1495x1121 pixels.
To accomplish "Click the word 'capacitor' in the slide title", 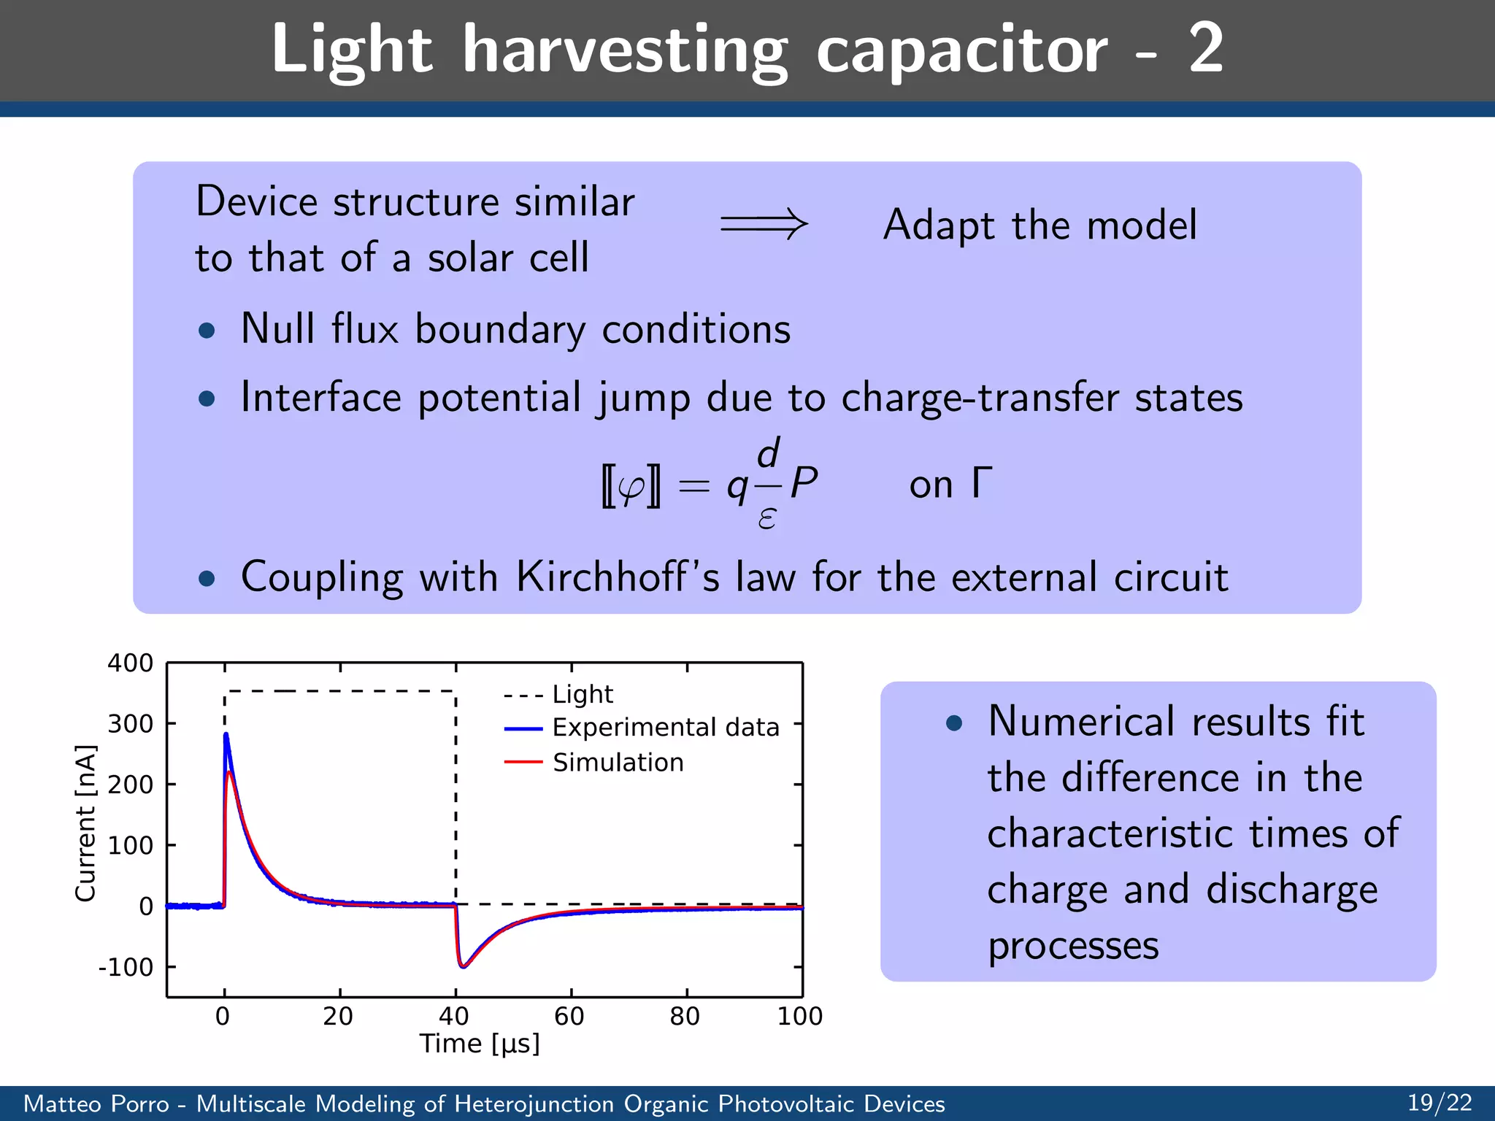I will point(961,50).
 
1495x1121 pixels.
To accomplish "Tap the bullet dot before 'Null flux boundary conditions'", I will point(207,331).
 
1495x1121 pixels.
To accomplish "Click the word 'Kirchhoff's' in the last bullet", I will point(618,577).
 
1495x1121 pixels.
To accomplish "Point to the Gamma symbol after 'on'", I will point(982,482).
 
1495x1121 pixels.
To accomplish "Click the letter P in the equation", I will point(804,483).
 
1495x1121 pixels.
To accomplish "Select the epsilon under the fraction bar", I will point(766,517).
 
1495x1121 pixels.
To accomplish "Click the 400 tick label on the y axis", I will point(130,663).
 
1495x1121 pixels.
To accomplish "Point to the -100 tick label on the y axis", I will point(126,968).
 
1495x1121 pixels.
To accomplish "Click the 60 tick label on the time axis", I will point(569,1016).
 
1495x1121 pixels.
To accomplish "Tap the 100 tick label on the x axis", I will point(799,1016).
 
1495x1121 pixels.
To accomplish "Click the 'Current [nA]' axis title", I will point(85,823).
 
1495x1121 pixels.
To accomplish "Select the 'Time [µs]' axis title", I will point(480,1044).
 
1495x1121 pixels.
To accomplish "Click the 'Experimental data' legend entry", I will point(666,728).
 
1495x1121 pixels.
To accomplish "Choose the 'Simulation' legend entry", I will point(618,763).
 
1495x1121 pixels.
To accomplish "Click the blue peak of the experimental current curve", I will point(226,736).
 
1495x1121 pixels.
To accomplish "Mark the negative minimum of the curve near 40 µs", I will point(463,966).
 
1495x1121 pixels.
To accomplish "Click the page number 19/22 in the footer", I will point(1439,1103).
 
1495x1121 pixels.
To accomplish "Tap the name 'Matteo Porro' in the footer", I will point(96,1103).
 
